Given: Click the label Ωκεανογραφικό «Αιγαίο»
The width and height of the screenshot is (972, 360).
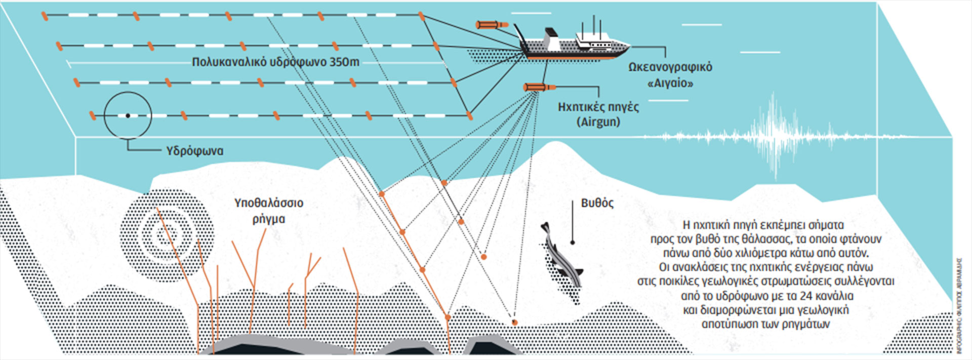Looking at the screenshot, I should [x=670, y=74].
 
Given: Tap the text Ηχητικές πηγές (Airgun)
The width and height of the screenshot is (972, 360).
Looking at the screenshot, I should [x=598, y=114].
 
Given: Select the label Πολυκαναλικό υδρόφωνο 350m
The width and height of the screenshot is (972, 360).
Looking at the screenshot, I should [x=275, y=62].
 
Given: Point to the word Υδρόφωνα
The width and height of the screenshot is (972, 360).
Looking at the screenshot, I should [x=194, y=151].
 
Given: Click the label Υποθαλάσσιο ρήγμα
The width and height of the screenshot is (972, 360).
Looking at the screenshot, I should [x=268, y=211].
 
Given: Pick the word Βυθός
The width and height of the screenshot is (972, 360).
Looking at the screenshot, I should [x=597, y=203].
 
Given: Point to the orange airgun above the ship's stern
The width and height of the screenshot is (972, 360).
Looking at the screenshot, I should [x=492, y=24].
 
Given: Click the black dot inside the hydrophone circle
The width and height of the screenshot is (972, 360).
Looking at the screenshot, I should [x=128, y=116].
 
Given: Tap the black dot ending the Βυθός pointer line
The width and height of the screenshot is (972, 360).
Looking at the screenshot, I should [x=573, y=243].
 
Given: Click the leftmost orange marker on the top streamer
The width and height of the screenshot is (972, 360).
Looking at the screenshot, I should [x=45, y=16].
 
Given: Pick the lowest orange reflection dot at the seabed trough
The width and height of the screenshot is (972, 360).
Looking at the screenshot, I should [x=515, y=322].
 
